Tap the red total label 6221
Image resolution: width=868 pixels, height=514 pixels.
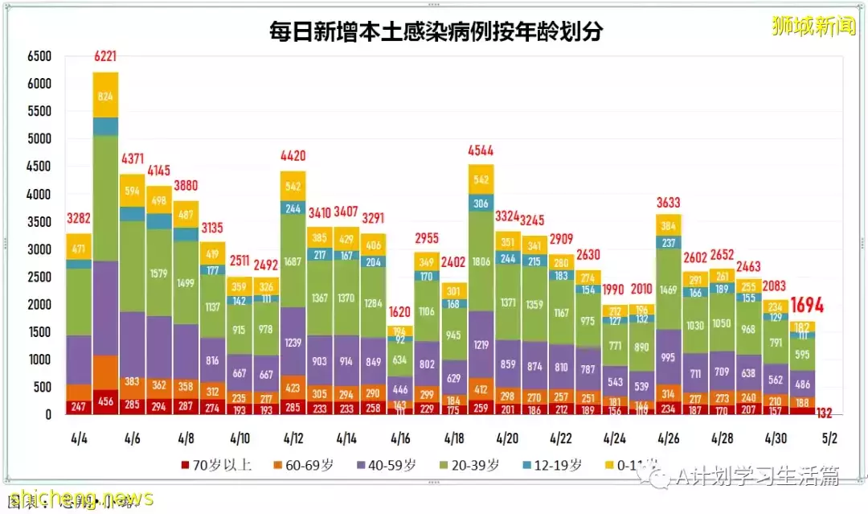click(x=105, y=56)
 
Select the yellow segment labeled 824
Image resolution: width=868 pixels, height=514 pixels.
click(x=105, y=95)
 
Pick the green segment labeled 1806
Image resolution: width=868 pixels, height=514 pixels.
click(x=481, y=261)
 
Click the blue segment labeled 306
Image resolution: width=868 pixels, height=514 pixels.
click(x=481, y=204)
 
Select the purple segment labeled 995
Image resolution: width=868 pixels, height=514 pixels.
click(x=669, y=357)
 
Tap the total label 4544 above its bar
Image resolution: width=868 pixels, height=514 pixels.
click(x=481, y=150)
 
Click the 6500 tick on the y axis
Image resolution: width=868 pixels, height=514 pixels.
click(x=39, y=56)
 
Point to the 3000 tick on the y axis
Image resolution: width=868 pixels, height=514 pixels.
click(x=39, y=249)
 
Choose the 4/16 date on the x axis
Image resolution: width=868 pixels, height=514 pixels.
click(x=400, y=439)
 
